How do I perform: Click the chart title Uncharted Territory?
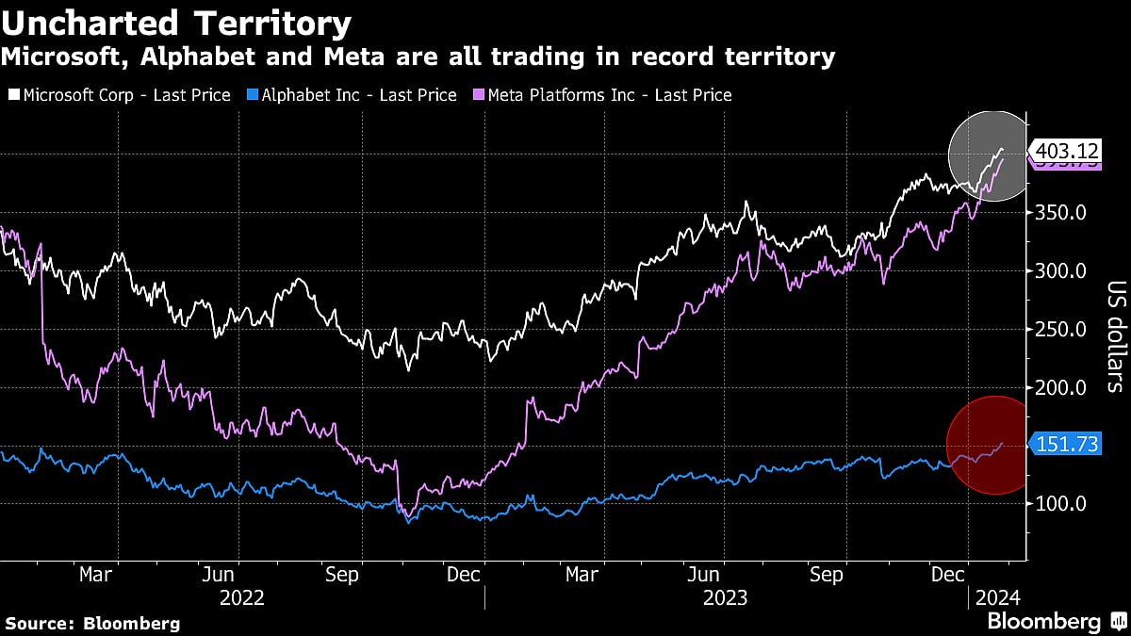click(177, 23)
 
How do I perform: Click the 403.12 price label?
click(1067, 151)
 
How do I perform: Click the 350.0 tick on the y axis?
click(1063, 213)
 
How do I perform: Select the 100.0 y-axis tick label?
click(1063, 503)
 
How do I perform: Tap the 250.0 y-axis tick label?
click(1063, 330)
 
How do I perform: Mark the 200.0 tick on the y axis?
click(1063, 387)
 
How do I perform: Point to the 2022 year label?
click(241, 597)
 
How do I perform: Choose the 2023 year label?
click(726, 597)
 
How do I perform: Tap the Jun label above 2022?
click(218, 575)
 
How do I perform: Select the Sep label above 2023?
click(826, 575)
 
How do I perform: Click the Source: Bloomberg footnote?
click(92, 623)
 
